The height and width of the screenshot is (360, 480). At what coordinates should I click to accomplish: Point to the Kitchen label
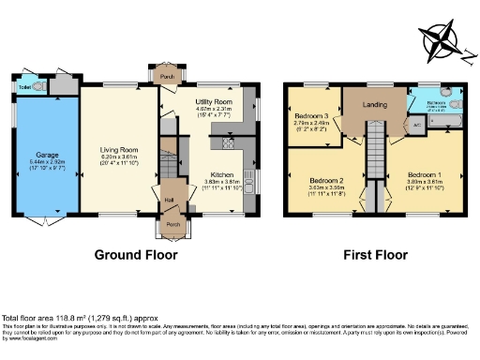point(221,174)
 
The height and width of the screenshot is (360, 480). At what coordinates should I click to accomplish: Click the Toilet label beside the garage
point(24,87)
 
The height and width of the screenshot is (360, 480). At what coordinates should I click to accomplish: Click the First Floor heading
point(376,254)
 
